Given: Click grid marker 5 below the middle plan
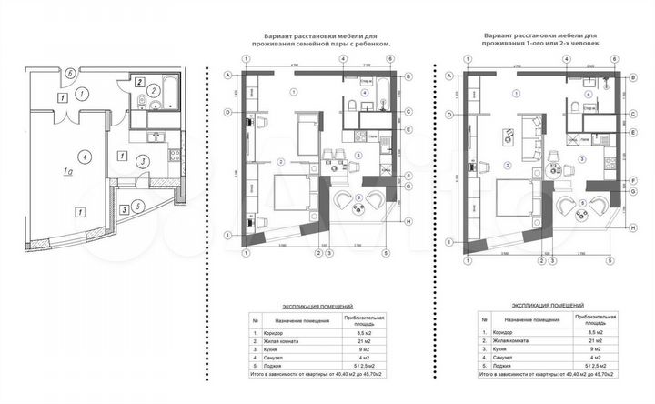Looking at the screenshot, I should pos(342,253).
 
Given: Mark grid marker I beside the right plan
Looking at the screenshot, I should pos(452,242).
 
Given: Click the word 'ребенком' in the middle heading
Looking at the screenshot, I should pos(375,43).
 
